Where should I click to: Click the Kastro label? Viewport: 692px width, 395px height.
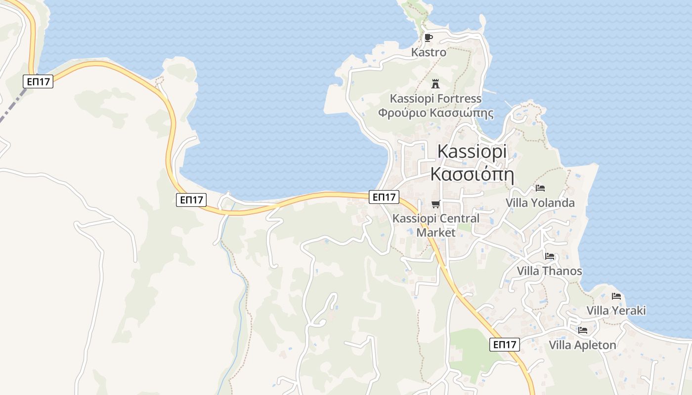pyautogui.click(x=429, y=52)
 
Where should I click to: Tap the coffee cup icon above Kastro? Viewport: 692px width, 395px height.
pyautogui.click(x=429, y=38)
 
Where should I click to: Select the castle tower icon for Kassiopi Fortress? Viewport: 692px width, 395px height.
pyautogui.click(x=435, y=83)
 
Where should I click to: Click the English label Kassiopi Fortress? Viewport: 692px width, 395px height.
pyautogui.click(x=435, y=98)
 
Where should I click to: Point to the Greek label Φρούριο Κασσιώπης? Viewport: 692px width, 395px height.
pyautogui.click(x=435, y=113)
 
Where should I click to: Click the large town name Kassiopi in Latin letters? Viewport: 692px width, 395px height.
pyautogui.click(x=473, y=152)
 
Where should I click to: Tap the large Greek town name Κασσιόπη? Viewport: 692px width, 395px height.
pyautogui.click(x=472, y=174)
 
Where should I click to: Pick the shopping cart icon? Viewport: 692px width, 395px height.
pyautogui.click(x=435, y=204)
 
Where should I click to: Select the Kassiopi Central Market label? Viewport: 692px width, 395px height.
pyautogui.click(x=435, y=225)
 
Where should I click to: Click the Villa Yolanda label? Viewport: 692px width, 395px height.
pyautogui.click(x=540, y=202)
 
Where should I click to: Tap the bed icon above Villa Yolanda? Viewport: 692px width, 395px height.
pyautogui.click(x=540, y=188)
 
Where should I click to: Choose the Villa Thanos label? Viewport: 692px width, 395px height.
pyautogui.click(x=549, y=271)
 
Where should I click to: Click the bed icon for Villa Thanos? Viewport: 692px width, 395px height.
pyautogui.click(x=549, y=256)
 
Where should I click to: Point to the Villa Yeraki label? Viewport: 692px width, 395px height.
pyautogui.click(x=616, y=311)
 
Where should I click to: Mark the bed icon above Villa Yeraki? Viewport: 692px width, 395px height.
pyautogui.click(x=616, y=296)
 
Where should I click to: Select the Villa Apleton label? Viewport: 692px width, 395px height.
pyautogui.click(x=582, y=345)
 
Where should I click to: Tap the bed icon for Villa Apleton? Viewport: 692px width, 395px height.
pyautogui.click(x=583, y=330)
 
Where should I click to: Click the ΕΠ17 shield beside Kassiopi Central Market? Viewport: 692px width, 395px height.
pyautogui.click(x=384, y=197)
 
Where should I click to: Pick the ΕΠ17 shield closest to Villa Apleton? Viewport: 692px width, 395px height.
pyautogui.click(x=505, y=344)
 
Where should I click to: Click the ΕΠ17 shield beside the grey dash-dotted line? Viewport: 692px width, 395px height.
pyautogui.click(x=38, y=81)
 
